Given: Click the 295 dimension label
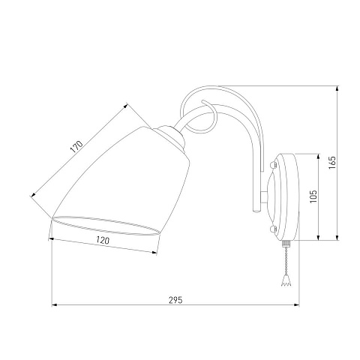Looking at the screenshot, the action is point(175,300).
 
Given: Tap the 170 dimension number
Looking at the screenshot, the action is point(76,147).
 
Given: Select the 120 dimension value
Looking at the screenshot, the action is point(103,240).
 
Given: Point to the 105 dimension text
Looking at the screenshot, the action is point(313,196).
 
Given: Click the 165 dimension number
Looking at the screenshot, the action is point(332,163).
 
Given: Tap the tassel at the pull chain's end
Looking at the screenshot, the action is point(286,280).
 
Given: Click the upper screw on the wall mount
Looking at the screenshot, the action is point(273,165).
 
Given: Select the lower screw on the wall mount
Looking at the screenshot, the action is point(273,229).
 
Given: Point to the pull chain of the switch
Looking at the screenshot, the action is point(286,261).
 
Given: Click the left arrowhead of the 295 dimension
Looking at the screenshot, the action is point(54,305).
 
